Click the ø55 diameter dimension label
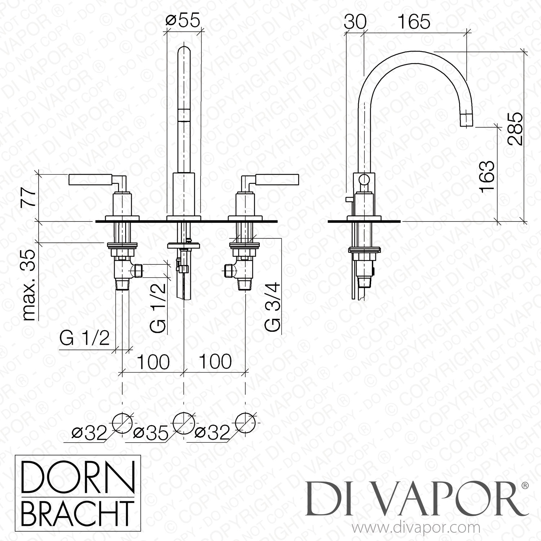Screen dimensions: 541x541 [x=182, y=21]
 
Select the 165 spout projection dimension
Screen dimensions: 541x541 [x=414, y=22]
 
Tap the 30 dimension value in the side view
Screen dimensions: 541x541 [x=355, y=22]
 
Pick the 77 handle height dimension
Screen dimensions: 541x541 [x=29, y=197]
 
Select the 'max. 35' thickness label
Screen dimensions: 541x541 [x=30, y=285]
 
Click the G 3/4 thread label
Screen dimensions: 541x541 [x=272, y=307]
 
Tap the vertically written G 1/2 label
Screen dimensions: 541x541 [x=159, y=307]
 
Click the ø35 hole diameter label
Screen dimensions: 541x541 [x=151, y=433]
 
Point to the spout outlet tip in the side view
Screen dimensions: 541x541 [x=467, y=120]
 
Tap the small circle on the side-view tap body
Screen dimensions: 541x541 [x=365, y=179]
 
